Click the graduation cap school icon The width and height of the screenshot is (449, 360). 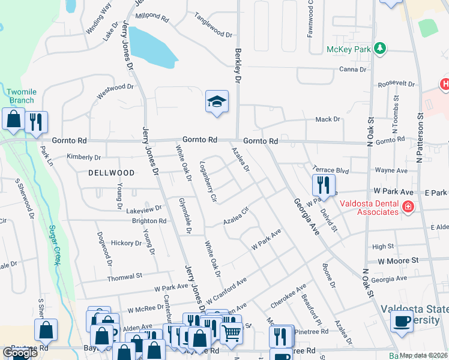tap(217, 101)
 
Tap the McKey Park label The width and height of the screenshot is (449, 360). tap(348, 49)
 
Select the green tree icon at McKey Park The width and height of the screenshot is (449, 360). tap(379, 47)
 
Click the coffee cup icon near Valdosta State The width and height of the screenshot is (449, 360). tap(402, 321)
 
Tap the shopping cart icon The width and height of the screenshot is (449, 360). tap(231, 331)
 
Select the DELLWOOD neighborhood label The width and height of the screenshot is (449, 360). tap(112, 172)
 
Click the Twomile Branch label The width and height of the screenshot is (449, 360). tap(22, 95)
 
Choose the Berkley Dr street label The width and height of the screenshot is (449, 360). tap(238, 66)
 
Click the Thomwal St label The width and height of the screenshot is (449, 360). tap(125, 277)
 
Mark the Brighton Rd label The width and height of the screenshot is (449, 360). tap(149, 221)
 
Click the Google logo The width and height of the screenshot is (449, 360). tap(20, 353)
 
